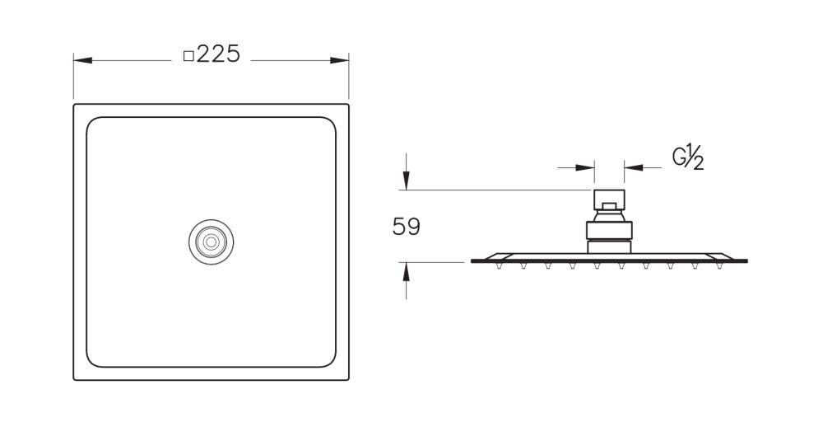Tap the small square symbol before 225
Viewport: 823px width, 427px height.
188,56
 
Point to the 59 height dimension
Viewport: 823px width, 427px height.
406,227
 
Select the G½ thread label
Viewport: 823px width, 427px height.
688,157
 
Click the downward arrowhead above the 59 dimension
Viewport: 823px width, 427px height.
406,182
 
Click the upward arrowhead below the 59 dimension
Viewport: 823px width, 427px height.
406,270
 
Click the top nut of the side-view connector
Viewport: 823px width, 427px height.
609,200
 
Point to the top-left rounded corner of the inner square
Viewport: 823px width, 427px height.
93,124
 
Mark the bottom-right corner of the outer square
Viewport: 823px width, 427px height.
348,379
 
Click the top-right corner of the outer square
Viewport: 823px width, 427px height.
348,105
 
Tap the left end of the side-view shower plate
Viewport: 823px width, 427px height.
474,261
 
